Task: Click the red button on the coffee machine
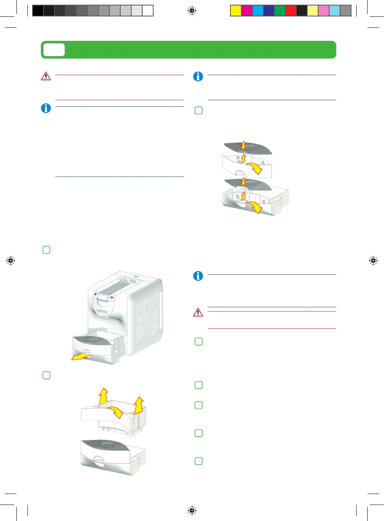tap(96, 294)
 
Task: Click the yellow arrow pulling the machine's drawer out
tap(80, 357)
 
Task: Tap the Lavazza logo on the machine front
tap(102, 311)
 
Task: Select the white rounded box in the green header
tap(54, 50)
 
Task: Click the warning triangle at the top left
tap(46, 76)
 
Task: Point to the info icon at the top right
tap(198, 76)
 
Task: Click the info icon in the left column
tap(46, 108)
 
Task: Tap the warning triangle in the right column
tap(198, 312)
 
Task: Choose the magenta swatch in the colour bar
tap(246, 11)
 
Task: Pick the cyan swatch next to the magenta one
tap(257, 11)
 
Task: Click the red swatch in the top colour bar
tap(290, 11)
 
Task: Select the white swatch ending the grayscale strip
tap(148, 11)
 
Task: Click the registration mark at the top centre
tap(192, 11)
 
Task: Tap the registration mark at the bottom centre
tap(192, 510)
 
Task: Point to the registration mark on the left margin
tap(11, 260)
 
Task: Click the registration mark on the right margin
tap(373, 260)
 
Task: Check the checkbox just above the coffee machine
tap(46, 250)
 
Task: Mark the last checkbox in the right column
tap(199, 461)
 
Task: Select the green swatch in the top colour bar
tap(279, 11)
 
